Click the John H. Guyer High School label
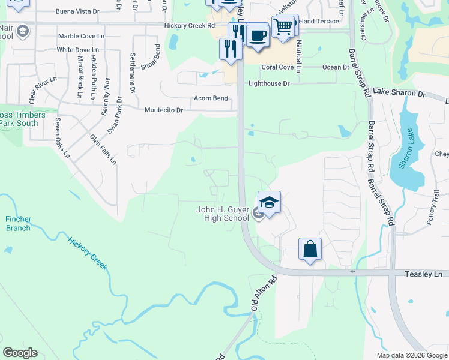(x=222, y=214)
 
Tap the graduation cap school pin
(x=270, y=203)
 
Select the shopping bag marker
(x=310, y=249)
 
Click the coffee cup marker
(x=258, y=35)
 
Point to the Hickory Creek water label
(x=88, y=254)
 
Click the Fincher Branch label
(x=18, y=224)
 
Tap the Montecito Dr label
(x=163, y=110)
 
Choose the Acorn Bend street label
(x=211, y=98)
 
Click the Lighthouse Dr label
(x=265, y=83)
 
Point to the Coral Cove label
(x=277, y=67)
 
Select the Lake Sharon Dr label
(x=399, y=94)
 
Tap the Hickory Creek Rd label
(x=189, y=26)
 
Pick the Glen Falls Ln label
(x=103, y=149)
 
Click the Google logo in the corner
(x=20, y=353)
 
